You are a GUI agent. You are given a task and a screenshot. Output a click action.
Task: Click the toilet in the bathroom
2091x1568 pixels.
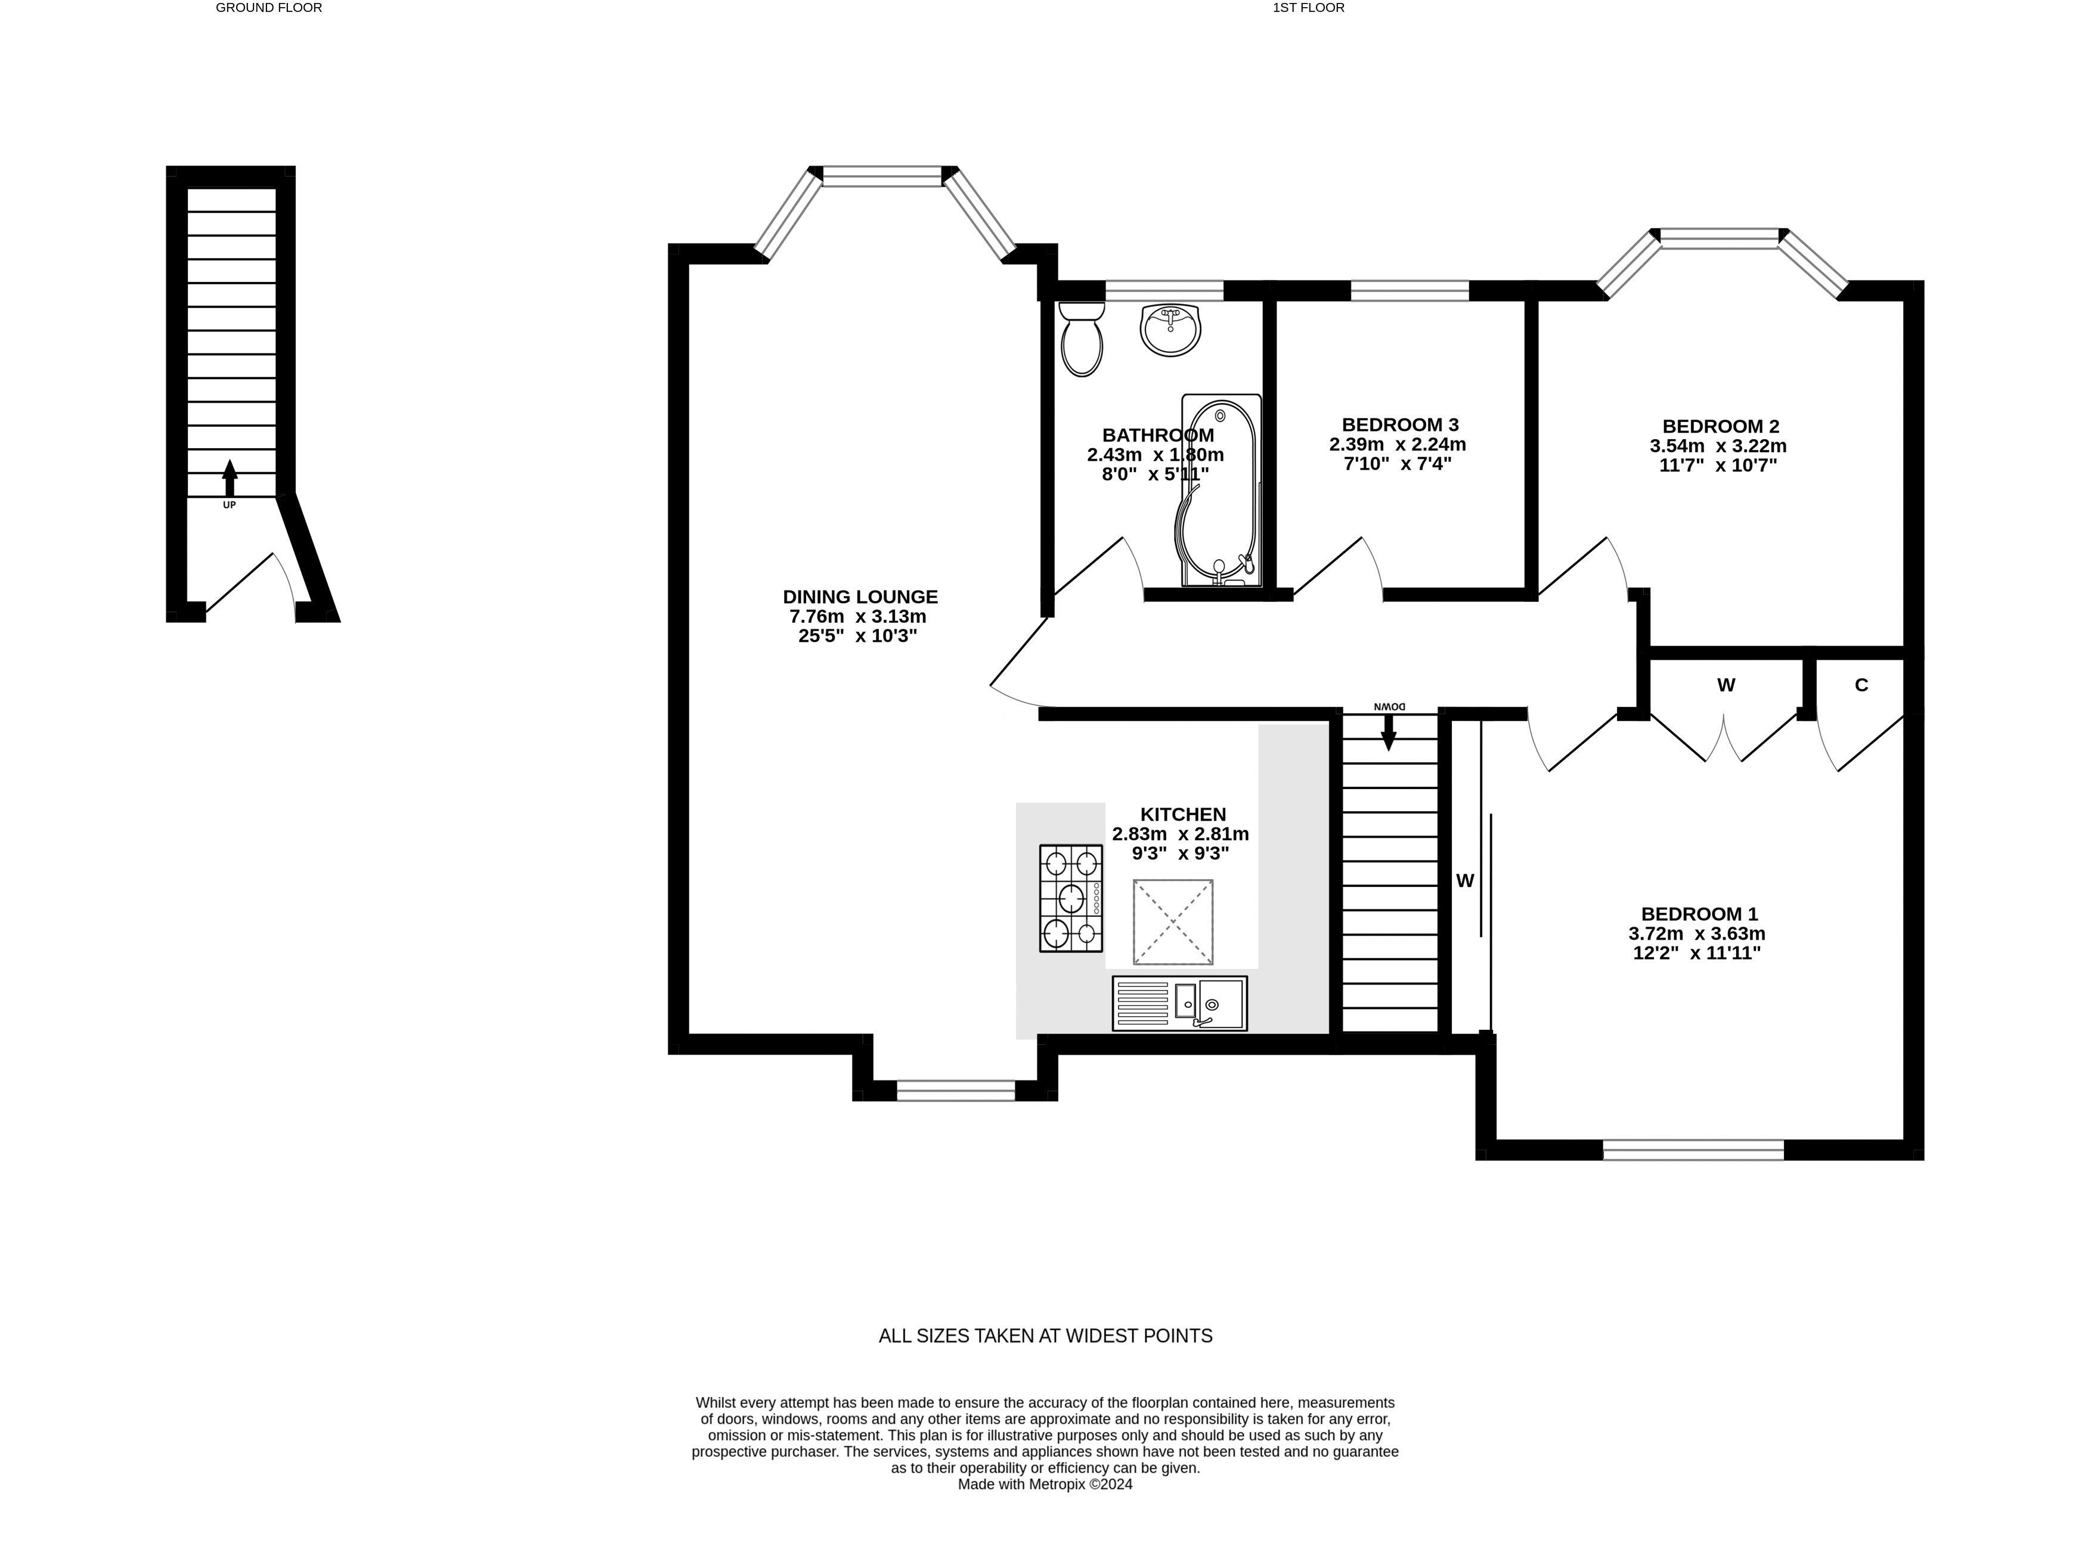point(1082,339)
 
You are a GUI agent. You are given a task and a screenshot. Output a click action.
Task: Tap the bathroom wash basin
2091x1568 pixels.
point(1171,330)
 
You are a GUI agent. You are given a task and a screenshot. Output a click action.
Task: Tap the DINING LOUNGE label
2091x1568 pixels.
point(860,597)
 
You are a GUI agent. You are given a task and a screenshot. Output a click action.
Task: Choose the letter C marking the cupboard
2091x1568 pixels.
point(1861,685)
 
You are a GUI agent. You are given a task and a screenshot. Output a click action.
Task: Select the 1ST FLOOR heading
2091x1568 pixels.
point(1308,8)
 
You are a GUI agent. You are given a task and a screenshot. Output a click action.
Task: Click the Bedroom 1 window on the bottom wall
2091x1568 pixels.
point(1693,1149)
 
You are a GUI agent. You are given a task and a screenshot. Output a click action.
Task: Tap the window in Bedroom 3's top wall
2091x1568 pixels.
point(1410,290)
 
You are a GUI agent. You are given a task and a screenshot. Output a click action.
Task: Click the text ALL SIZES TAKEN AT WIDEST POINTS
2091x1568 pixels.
point(1046,1336)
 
